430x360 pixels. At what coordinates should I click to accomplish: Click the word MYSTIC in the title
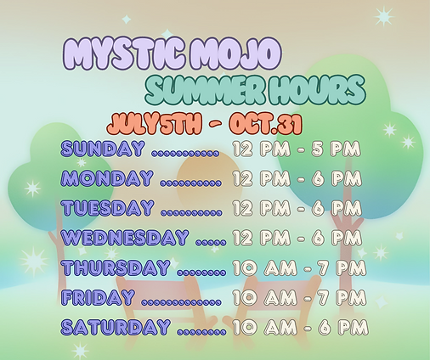point(122,56)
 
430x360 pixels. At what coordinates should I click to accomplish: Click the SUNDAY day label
point(103,149)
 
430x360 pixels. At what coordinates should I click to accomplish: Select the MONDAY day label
point(107,179)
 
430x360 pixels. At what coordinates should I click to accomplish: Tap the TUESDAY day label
point(108,208)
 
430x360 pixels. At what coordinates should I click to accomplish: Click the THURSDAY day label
point(116,268)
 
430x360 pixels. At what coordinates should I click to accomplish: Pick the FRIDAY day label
point(98,297)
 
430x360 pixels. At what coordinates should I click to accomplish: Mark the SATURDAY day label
point(115,327)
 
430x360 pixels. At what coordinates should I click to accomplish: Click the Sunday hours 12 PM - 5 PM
point(297,150)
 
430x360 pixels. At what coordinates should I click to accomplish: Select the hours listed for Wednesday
point(299,239)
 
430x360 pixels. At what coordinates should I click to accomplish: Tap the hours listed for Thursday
point(299,268)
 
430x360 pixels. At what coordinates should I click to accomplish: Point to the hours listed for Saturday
point(299,327)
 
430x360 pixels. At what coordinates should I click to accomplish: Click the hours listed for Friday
point(299,298)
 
